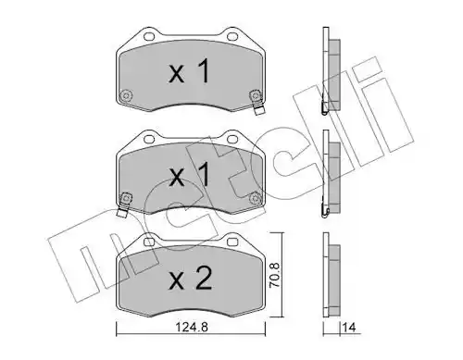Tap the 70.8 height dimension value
pos(274,275)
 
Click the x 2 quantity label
pos(191,279)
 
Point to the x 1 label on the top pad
pos(189,72)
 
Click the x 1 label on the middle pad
pos(189,175)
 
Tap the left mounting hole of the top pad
pos(149,36)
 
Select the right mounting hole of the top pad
pos(231,36)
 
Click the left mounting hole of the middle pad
pos(149,139)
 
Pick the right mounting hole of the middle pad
pos(231,139)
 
